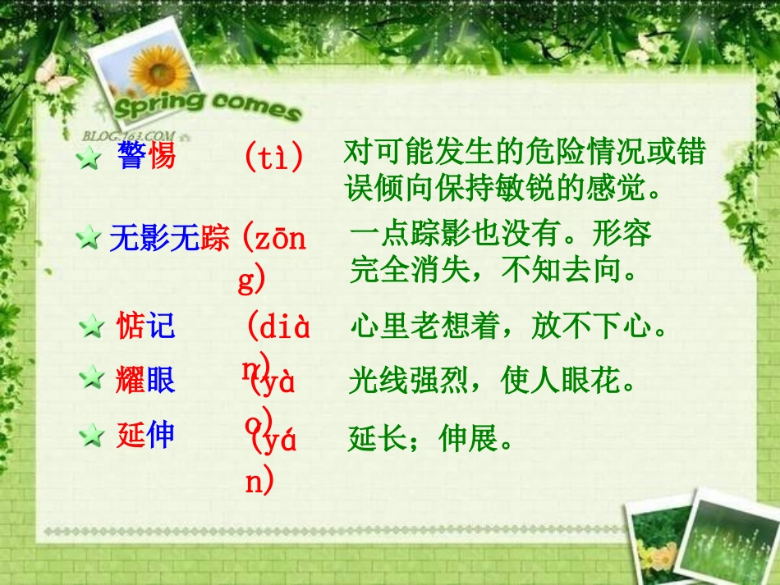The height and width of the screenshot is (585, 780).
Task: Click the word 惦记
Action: coord(146,327)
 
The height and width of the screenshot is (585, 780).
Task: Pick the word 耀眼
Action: coord(145,380)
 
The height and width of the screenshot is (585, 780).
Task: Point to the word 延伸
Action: coord(145,435)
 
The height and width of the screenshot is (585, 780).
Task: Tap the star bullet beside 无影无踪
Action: coord(87,240)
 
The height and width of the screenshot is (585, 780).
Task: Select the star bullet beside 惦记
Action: coord(90,328)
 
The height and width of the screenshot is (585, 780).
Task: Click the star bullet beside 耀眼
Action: coord(90,380)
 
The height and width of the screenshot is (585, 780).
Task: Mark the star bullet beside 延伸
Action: coord(90,436)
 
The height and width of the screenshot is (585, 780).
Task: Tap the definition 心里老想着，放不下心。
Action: coord(507,328)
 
